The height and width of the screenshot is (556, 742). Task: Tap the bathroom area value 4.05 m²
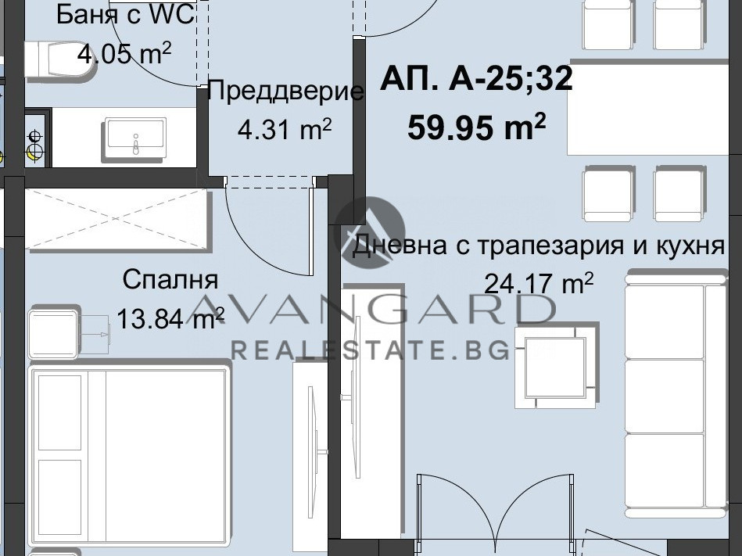point(124,54)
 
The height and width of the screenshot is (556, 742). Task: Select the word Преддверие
point(286,91)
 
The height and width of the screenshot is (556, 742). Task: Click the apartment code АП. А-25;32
point(476,80)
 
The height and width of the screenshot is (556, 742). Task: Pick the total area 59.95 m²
point(476,126)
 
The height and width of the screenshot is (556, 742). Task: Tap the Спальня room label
point(170,279)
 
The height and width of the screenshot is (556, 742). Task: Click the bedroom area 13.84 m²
point(170,317)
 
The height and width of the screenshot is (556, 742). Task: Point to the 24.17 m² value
point(539,282)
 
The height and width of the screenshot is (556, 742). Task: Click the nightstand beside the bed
point(54,334)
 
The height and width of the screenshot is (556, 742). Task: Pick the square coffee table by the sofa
point(555,367)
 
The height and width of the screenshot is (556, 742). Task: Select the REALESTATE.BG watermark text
point(370,350)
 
